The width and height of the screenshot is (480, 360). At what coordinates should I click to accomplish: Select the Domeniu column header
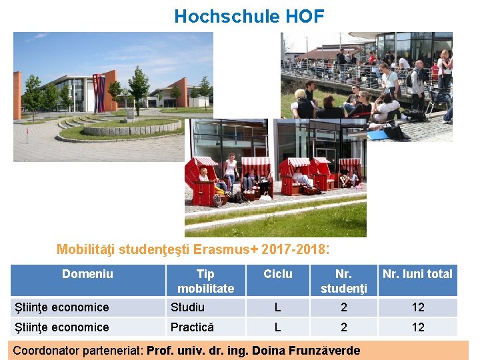(x=87, y=274)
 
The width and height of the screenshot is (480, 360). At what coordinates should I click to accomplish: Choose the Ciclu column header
(x=278, y=274)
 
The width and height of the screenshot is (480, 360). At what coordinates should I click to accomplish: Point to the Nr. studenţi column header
(x=343, y=281)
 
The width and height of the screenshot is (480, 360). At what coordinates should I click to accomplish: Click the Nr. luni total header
(x=417, y=274)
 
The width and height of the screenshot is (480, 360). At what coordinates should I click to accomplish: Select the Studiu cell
(x=188, y=307)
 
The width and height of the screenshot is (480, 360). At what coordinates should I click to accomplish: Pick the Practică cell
(x=192, y=327)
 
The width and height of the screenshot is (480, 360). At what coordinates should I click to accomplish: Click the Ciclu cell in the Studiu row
(x=278, y=307)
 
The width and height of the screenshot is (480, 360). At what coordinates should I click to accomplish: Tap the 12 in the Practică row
(x=418, y=327)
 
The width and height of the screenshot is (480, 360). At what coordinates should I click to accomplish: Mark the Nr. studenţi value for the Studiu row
(x=344, y=307)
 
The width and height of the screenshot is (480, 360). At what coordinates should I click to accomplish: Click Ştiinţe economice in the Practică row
(x=62, y=327)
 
